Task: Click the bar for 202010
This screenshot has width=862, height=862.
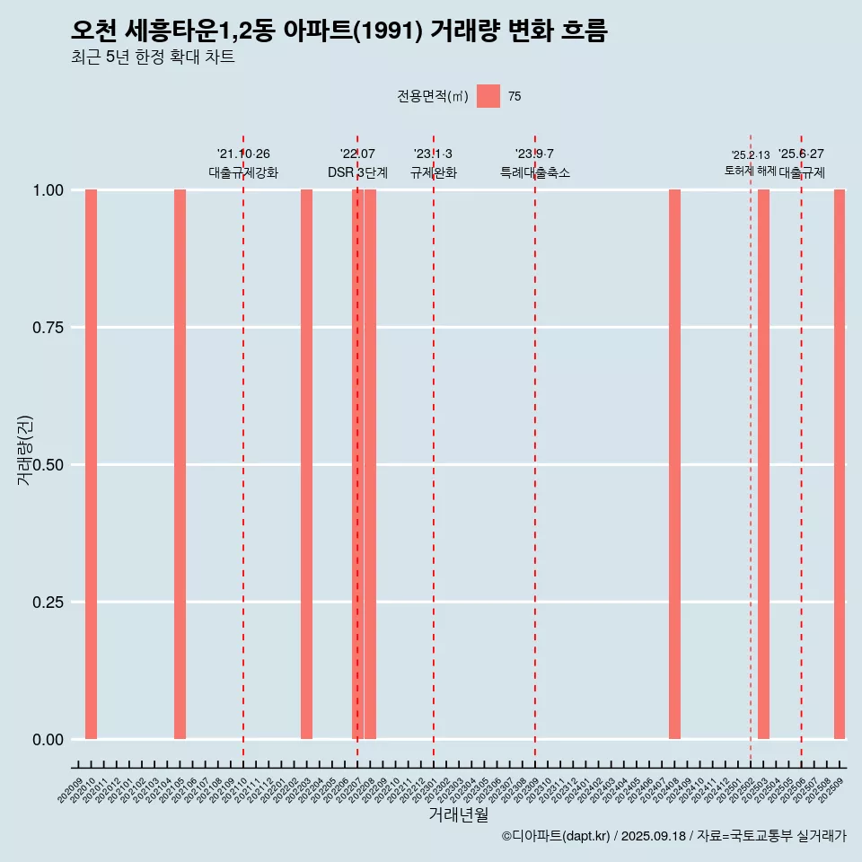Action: point(91,464)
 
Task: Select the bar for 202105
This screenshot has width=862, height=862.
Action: point(180,464)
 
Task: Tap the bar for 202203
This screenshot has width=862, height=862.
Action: point(306,464)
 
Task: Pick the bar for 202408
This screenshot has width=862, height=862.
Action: point(674,464)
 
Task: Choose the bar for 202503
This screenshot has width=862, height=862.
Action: point(763,464)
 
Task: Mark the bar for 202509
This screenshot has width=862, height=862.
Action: point(840,464)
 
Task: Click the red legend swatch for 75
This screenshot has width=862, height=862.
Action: point(488,96)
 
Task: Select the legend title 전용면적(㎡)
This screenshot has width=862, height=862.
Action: point(432,96)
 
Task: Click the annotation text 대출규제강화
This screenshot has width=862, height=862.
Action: point(243,172)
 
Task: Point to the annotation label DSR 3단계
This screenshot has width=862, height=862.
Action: point(357,172)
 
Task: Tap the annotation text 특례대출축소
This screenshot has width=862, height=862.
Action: point(535,172)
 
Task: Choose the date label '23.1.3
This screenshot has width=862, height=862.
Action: point(433,154)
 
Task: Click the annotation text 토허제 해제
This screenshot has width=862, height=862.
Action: point(751,171)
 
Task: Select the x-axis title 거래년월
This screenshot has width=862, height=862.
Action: point(458,814)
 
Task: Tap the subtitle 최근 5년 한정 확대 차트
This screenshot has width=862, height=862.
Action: point(153,57)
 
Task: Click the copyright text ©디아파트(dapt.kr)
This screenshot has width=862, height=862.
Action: point(556,836)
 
